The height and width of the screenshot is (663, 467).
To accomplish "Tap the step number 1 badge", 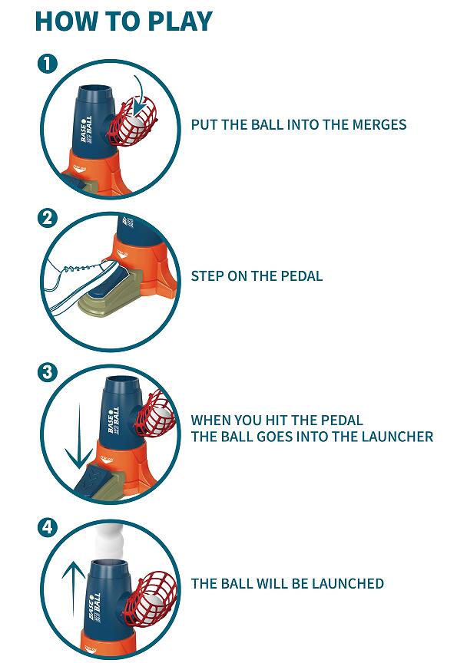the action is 47,64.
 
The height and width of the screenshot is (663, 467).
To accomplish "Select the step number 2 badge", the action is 47,218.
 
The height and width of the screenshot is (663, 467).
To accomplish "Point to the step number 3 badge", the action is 47,372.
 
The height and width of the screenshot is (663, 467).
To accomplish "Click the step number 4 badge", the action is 47,527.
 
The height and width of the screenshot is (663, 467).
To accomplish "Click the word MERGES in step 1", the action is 379,125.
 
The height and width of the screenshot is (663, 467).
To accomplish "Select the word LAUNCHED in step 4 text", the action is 348,583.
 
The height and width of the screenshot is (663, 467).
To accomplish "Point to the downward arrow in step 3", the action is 79,436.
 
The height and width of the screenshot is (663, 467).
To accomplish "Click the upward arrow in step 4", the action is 74,588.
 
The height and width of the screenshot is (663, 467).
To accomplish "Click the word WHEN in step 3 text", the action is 210,421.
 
